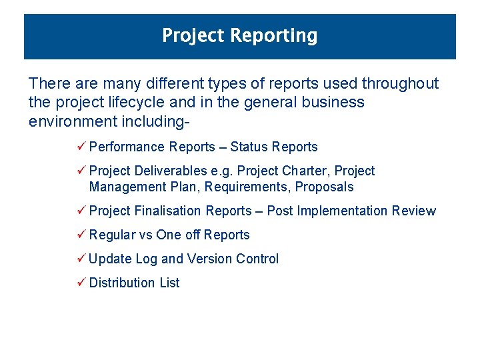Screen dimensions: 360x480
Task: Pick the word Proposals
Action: coord(325,187)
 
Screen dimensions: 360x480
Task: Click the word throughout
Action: coord(400,84)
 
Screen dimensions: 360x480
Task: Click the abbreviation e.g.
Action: coord(222,171)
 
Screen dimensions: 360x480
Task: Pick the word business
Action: coord(333,103)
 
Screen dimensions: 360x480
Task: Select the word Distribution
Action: coord(122,283)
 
